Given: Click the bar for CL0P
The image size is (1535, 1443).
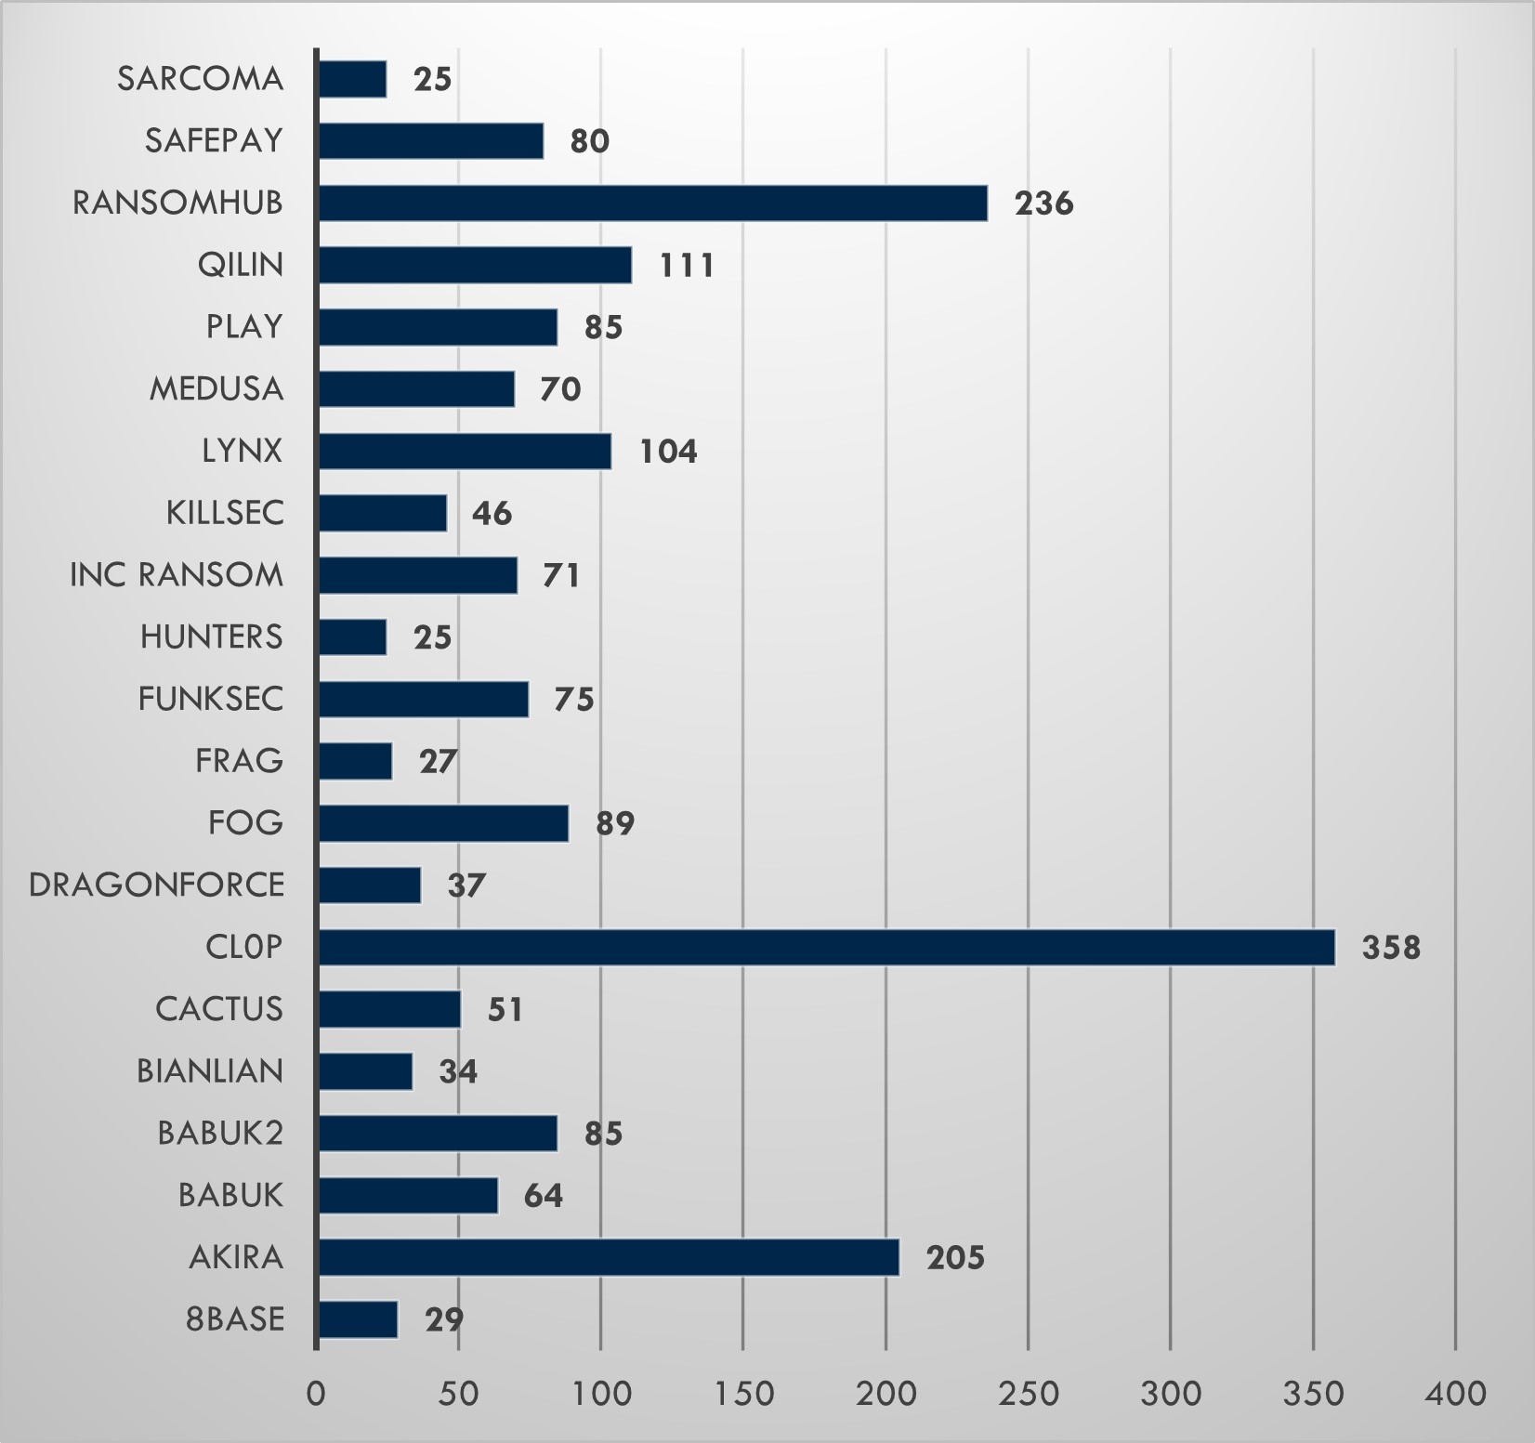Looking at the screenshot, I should (826, 947).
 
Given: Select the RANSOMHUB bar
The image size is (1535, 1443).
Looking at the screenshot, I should (652, 203).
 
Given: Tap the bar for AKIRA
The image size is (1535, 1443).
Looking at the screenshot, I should (609, 1257).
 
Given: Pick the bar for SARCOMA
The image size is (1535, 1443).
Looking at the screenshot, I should (352, 79).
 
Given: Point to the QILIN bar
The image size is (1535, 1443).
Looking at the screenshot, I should (475, 265).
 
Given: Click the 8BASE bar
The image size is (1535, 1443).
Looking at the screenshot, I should (358, 1319).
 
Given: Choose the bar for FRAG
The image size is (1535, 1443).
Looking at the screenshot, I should (355, 761).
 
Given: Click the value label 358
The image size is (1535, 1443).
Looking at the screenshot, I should (1391, 948).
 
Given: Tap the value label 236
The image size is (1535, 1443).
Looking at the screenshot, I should (1043, 203).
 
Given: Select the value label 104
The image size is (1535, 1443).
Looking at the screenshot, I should (668, 452).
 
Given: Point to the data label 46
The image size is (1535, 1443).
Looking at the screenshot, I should (492, 514).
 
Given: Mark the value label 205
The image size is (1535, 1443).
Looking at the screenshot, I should (955, 1258).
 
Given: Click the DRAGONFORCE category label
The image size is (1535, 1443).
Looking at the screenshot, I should (156, 885).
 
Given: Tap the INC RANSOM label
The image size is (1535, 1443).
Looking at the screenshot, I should (177, 575).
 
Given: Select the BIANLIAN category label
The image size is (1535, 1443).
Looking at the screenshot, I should (210, 1071).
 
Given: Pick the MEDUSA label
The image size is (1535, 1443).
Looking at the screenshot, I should (216, 388).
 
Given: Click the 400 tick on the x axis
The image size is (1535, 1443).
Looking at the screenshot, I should (1455, 1394).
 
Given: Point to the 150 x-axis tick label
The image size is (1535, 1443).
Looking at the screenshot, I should (743, 1394).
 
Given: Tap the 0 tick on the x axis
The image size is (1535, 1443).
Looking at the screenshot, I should (316, 1394).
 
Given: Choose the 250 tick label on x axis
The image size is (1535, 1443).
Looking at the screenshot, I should (1028, 1394).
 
